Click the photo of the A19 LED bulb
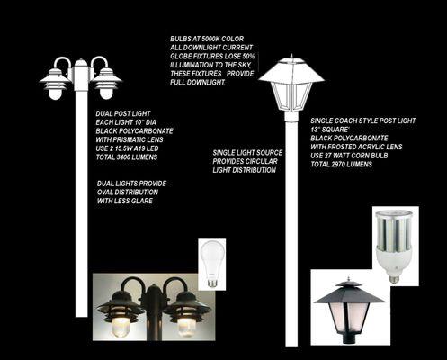pos(212,265)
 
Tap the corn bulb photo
pos(396,246)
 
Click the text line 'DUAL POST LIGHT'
pos(123,113)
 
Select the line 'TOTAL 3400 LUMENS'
pos(127,157)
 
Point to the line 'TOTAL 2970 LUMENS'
pos(341,165)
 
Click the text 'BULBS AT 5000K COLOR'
pos(207,39)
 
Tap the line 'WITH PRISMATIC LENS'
pos(130,139)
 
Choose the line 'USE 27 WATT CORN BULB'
pos(349,156)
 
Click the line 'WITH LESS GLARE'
pos(125,201)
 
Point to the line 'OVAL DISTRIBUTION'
pos(128,193)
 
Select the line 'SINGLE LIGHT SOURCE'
pos(247,153)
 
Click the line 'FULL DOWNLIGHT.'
pos(198,83)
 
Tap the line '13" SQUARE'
pos(329,130)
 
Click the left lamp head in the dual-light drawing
pos(56,80)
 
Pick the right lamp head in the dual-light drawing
pos(106,80)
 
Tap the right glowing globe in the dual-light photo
pos(186,327)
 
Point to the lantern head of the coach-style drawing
pos(291,85)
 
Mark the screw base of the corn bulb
pos(395,279)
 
